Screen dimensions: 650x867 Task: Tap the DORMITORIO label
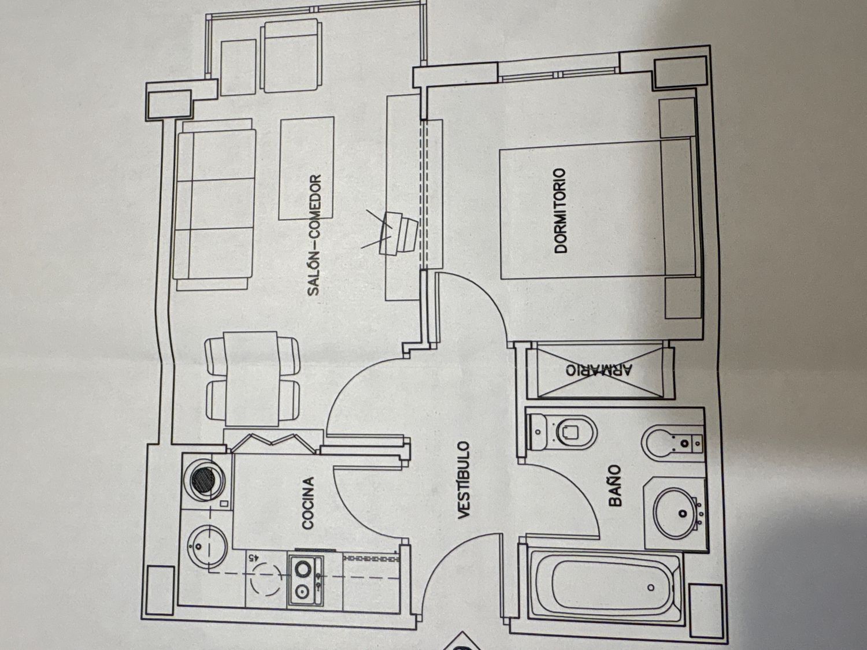pos(560,211)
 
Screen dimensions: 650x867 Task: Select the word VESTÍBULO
pos(465,480)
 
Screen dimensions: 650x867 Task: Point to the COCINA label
pos(308,503)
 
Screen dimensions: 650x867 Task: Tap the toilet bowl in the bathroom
pos(569,431)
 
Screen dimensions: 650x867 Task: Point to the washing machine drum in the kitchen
pos(203,478)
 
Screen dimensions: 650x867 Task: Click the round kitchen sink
pos(203,543)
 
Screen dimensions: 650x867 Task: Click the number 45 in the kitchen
pos(253,558)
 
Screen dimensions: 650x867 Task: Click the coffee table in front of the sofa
pos(306,168)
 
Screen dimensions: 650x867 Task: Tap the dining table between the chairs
pos(251,378)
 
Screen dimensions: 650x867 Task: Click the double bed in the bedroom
pos(595,208)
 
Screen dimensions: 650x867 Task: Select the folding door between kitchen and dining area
pos(272,442)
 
